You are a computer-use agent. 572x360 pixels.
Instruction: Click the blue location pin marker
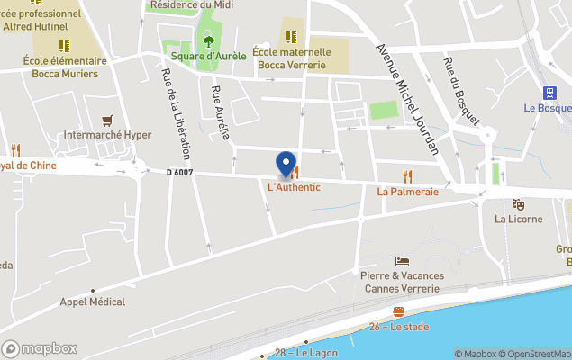[286, 164]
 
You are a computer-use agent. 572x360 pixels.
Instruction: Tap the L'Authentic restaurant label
[294, 187]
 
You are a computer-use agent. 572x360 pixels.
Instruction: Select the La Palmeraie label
[407, 191]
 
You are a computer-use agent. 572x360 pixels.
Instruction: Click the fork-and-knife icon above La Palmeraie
[407, 175]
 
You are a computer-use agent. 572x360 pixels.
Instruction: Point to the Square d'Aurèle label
[208, 56]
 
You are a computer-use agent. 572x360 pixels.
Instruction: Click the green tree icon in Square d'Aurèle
[209, 40]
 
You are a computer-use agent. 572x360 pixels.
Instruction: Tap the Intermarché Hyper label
[108, 136]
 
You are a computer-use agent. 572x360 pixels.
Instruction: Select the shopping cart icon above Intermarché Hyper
[108, 120]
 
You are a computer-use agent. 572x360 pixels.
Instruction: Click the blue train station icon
[548, 92]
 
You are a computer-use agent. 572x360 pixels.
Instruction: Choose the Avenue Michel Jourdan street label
[406, 98]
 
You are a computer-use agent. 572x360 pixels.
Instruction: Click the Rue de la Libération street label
[177, 114]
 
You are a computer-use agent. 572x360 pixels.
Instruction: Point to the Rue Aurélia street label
[220, 113]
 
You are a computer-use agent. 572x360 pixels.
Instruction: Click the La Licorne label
[518, 219]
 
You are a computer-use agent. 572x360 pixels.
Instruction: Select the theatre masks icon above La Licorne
[518, 204]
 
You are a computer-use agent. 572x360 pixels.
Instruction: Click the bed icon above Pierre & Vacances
[401, 260]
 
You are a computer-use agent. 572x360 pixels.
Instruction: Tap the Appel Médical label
[93, 301]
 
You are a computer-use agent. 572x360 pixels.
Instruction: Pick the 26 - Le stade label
[397, 326]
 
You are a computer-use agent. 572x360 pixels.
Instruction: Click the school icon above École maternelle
[291, 37]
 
